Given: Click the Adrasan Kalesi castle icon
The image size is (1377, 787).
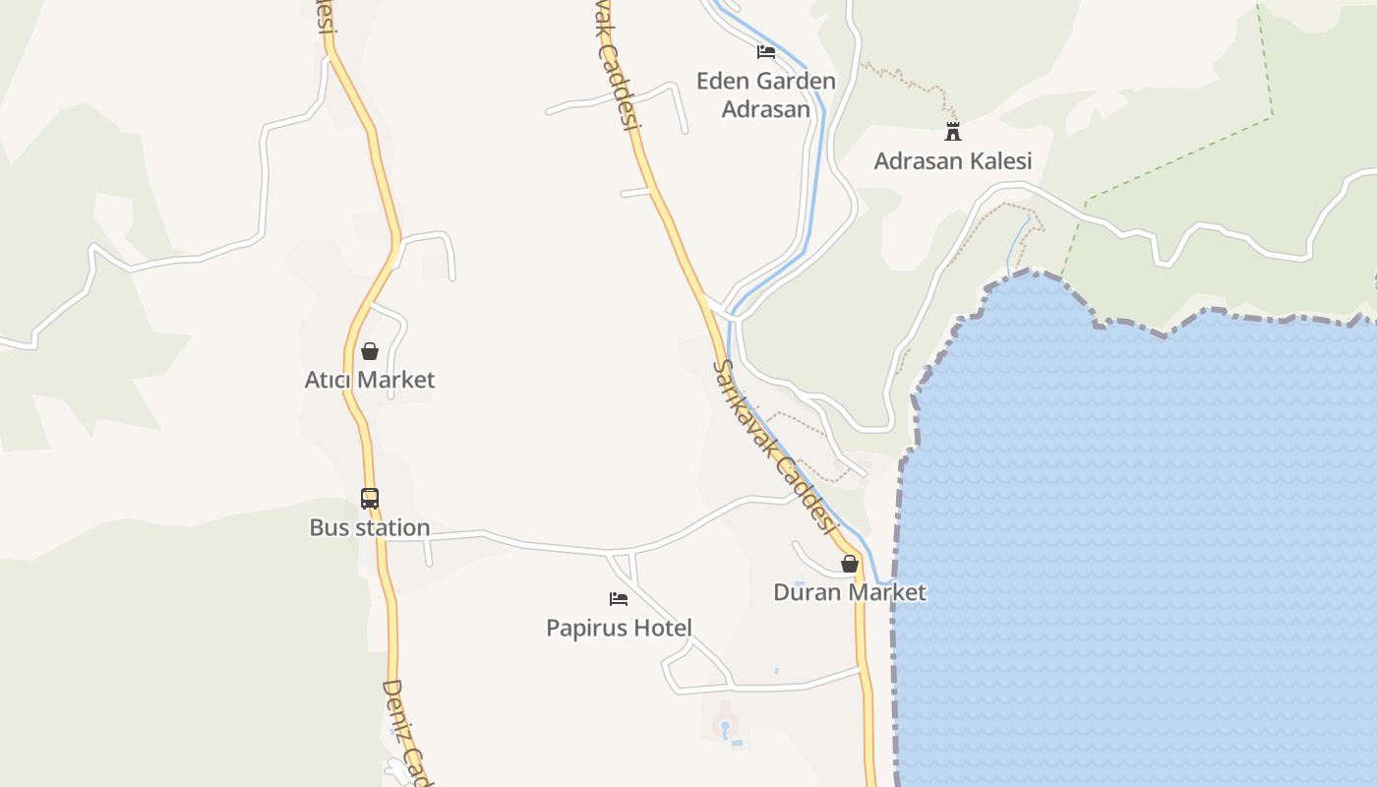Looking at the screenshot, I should coord(952,131).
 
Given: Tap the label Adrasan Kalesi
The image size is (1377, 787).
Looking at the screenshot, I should coord(952,160).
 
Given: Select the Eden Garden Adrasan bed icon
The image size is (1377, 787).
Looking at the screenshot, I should coord(765,52).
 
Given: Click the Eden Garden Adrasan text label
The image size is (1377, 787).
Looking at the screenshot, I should coord(765,94).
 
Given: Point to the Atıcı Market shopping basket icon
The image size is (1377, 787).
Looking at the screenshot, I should coord(370,351).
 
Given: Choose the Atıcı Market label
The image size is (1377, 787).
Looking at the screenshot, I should coord(370,380).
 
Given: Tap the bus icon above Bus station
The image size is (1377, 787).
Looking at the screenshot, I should coord(370,499).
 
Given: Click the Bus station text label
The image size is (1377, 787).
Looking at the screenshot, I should coord(370,528).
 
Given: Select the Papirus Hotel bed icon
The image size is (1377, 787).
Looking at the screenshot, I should coord(619,598).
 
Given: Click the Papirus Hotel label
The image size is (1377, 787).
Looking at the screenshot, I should coord(619,628).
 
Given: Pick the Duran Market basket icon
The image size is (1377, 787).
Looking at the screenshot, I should coord(850,564).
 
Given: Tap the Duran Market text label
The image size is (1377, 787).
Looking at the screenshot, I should coord(850,592).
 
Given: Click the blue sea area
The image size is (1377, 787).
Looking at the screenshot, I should coord(1131,541).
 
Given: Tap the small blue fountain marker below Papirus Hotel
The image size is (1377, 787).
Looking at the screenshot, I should coord(726,729).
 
